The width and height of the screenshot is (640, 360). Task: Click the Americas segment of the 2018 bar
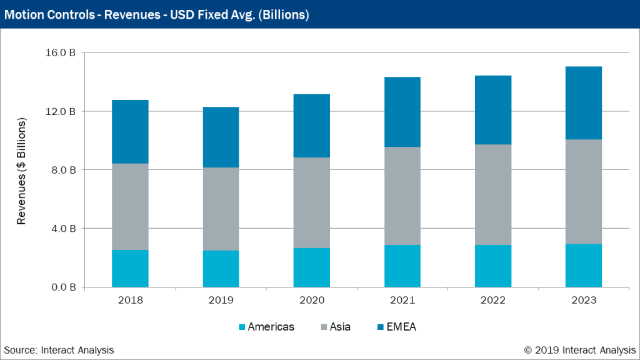[130, 268]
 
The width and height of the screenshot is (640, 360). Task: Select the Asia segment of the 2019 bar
[221, 209]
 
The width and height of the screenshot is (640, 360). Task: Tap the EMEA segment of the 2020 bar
[311, 126]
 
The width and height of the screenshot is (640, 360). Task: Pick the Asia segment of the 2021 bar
[402, 196]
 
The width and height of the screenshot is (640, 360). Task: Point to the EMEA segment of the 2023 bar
[583, 102]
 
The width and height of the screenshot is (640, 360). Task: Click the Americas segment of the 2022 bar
[492, 266]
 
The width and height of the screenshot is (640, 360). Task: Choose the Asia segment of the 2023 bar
[583, 191]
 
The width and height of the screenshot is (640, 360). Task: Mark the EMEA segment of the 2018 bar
[130, 132]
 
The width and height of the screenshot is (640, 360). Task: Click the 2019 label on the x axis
[221, 300]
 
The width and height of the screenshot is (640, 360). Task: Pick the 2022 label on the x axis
[492, 300]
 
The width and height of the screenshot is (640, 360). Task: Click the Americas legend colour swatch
[242, 327]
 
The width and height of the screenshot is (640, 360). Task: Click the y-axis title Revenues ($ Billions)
[21, 171]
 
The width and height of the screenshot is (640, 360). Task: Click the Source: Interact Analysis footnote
[59, 350]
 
